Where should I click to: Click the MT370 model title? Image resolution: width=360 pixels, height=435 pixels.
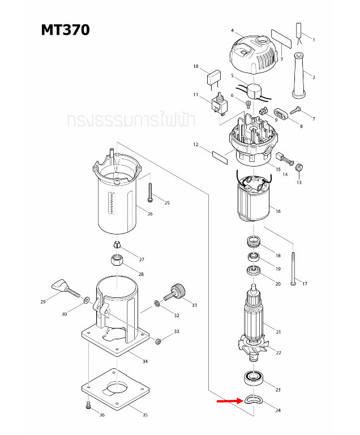65,29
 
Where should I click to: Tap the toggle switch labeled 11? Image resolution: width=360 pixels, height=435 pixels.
218,103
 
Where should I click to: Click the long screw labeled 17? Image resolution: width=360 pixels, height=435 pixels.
293,266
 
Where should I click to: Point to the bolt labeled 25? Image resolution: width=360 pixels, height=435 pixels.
150,193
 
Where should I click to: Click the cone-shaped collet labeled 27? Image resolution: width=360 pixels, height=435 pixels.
115,245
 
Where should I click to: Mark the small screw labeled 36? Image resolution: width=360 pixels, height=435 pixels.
88,405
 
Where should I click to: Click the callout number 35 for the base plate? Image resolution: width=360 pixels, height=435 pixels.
145,415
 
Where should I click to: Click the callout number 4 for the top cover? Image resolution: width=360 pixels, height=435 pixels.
232,30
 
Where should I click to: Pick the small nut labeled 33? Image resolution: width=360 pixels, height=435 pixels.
158,341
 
